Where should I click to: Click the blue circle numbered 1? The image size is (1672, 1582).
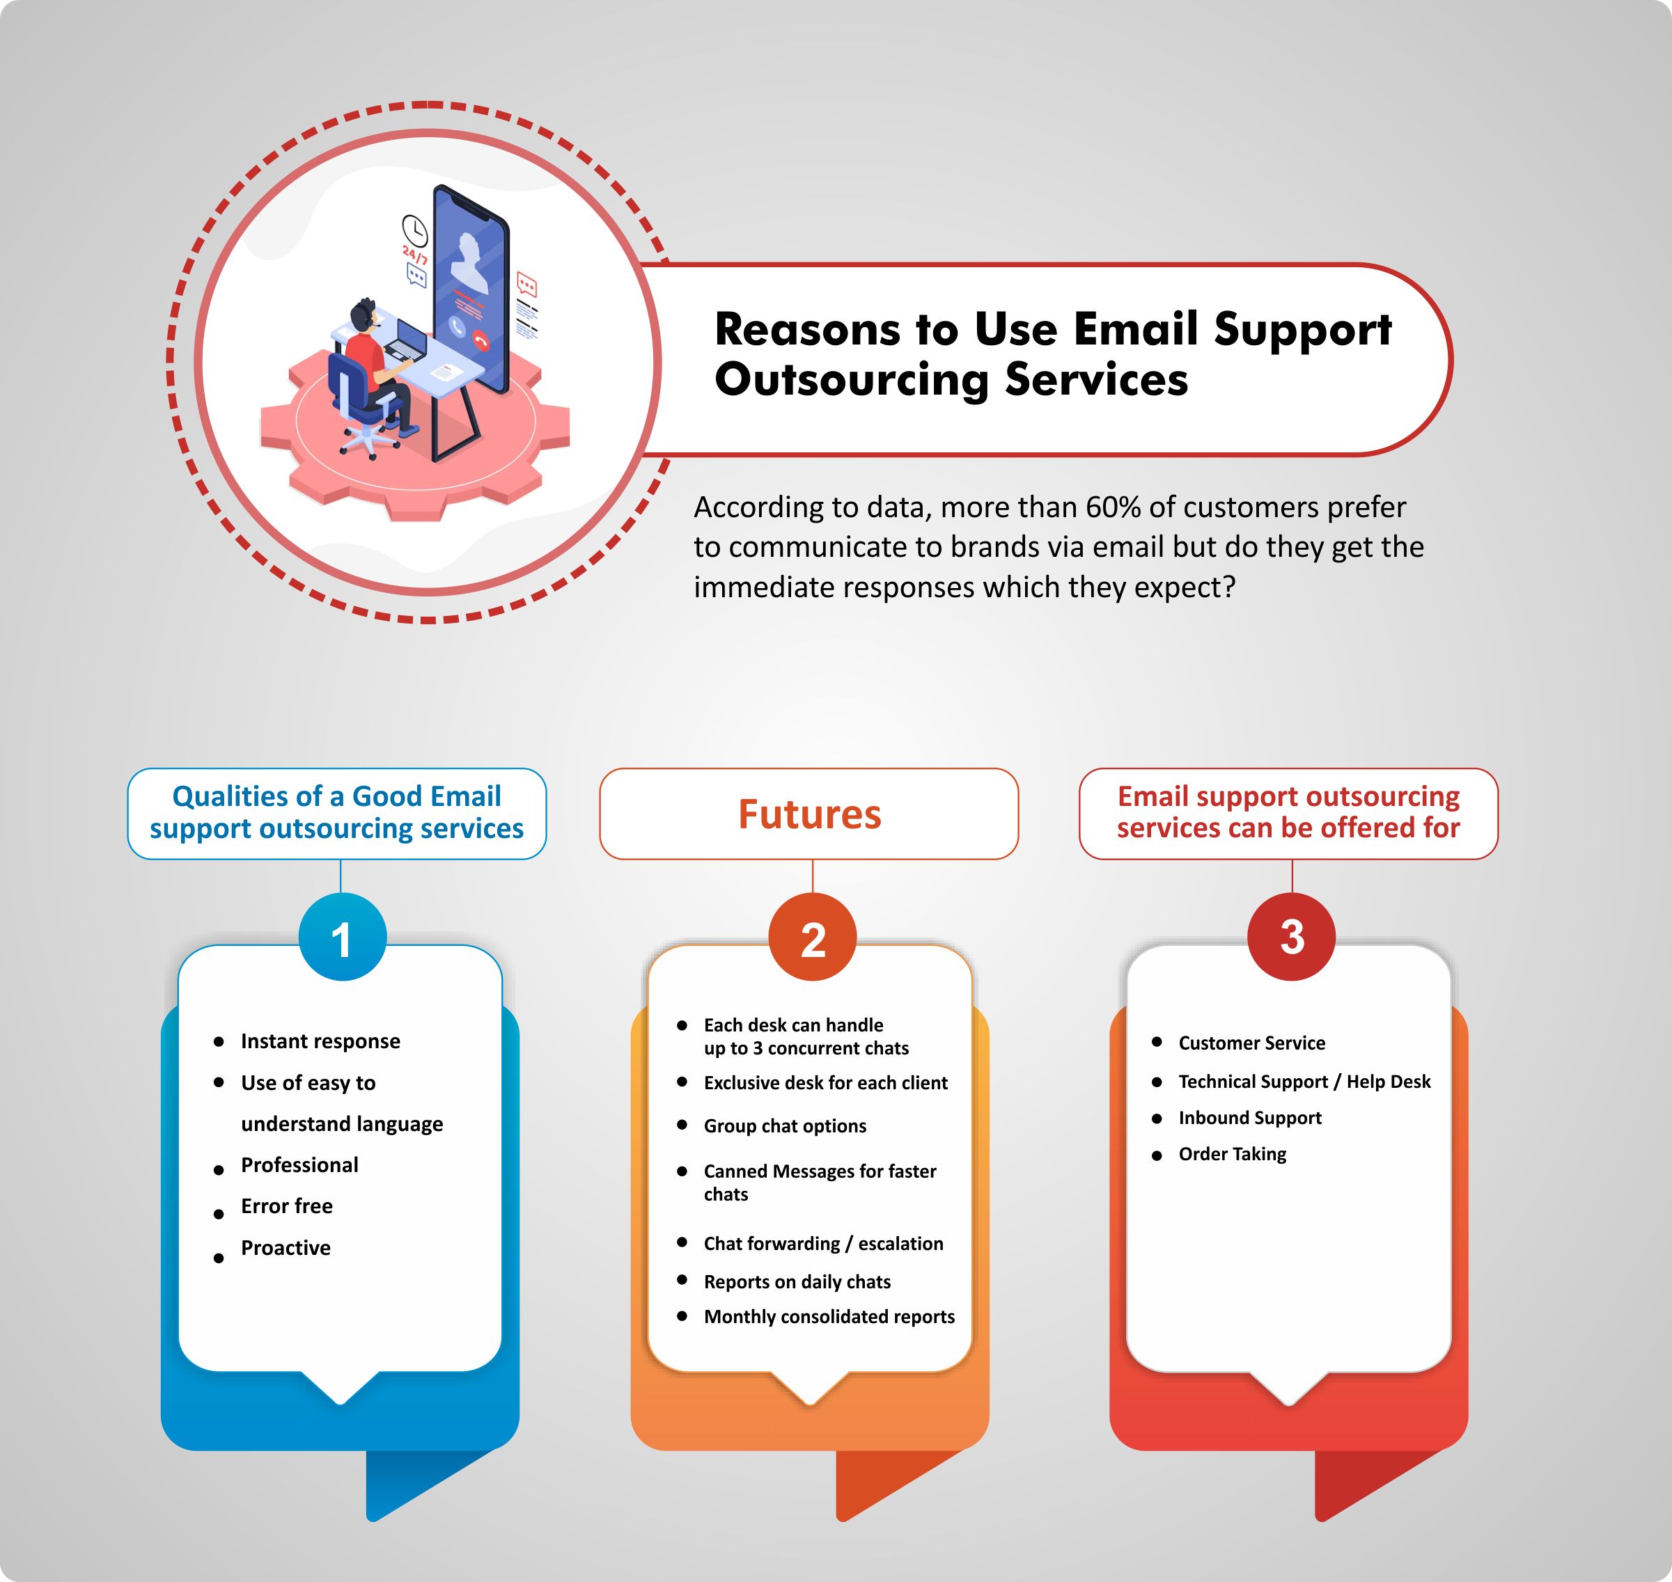342,937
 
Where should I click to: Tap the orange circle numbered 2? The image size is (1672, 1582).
813,937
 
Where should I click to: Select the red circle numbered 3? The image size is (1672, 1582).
1292,936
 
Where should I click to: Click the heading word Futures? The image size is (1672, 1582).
810,814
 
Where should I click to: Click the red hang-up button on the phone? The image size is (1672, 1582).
482,340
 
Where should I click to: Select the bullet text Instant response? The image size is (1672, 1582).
320,1041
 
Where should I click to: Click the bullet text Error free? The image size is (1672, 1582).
287,1206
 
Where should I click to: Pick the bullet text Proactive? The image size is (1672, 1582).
286,1247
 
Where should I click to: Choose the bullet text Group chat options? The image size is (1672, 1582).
786,1126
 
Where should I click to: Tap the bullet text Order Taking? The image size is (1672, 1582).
1233,1155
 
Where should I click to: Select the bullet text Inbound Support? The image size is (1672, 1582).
1250,1118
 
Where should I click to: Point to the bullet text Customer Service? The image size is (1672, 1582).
1252,1043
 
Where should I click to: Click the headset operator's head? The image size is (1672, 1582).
364,314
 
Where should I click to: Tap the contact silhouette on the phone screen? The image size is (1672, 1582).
470,263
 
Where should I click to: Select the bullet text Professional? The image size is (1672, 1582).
299,1164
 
